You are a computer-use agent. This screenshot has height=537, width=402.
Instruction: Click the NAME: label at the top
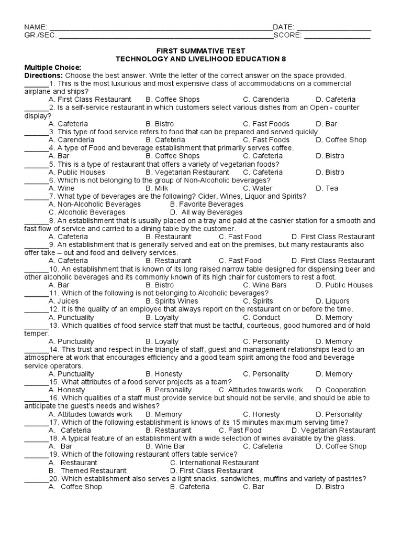(x=36, y=27)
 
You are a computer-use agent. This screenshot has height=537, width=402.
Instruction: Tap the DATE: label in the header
(x=284, y=27)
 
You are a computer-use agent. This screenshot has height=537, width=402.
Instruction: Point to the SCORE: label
(x=287, y=36)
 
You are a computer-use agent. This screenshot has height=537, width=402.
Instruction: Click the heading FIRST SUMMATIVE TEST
(x=200, y=51)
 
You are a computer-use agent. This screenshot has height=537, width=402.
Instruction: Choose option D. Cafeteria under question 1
(x=336, y=99)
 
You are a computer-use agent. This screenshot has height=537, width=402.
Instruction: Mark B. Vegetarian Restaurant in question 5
(x=187, y=172)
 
